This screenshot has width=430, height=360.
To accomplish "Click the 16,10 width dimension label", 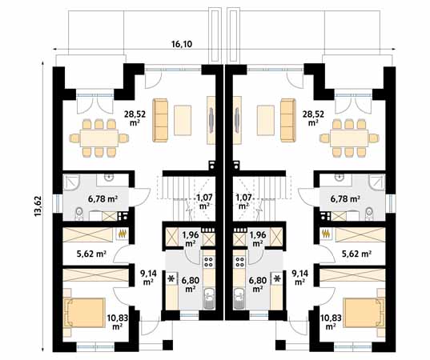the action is click(182, 44).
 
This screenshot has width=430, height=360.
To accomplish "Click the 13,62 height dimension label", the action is click(38, 206).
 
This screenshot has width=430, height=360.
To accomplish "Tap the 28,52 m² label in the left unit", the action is click(135, 118).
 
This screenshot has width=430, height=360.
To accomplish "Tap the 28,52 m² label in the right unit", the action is click(313, 118).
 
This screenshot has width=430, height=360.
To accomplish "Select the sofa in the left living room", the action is click(160, 121).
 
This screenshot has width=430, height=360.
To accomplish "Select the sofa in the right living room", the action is click(288, 121).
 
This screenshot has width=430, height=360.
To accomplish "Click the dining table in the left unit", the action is click(99, 138).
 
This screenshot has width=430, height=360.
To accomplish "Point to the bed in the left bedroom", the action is click(84, 313).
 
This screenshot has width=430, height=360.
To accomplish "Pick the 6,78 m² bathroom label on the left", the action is click(102, 198).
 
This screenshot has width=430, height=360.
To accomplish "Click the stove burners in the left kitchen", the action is click(209, 262).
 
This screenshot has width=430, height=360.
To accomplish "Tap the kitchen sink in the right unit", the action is click(239, 298).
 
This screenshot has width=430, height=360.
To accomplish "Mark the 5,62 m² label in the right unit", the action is click(356, 254).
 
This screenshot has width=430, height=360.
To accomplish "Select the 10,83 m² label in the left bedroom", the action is click(118, 322).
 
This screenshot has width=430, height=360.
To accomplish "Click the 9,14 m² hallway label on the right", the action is click(300, 278).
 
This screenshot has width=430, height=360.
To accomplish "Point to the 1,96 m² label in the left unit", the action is click(191, 238).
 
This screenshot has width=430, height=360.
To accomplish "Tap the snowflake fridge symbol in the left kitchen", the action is click(171, 279).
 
